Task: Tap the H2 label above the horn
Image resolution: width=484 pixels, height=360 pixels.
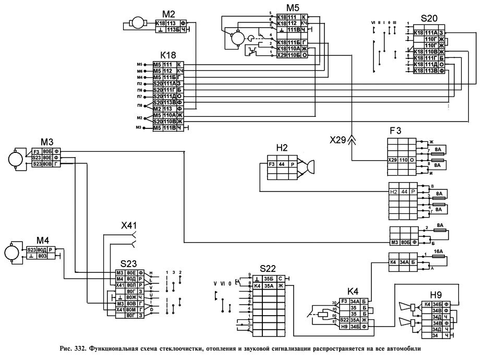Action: (282, 148)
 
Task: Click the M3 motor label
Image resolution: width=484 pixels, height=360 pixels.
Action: (48, 142)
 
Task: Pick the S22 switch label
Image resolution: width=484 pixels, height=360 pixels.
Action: (267, 269)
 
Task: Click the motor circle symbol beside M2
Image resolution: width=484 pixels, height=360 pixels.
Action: (138, 24)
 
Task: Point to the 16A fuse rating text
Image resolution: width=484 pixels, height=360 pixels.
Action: (438, 251)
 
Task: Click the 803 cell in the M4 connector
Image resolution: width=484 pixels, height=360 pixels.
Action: (42, 256)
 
